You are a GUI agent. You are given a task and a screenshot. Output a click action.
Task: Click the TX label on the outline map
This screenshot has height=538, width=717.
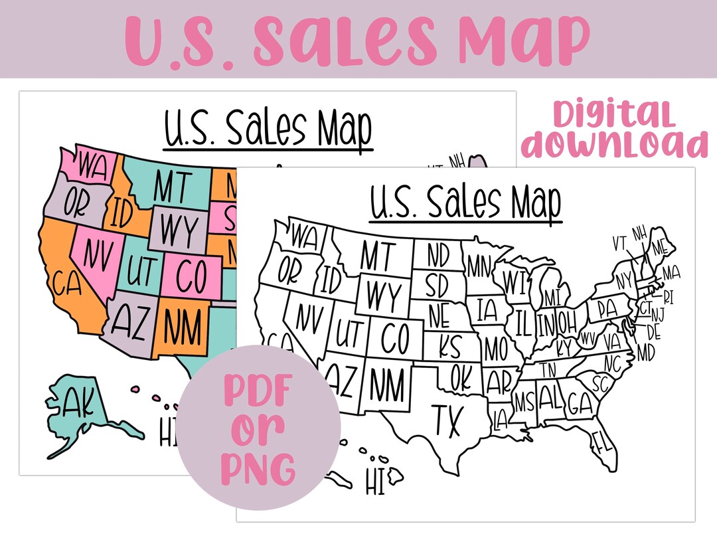coord(448,420)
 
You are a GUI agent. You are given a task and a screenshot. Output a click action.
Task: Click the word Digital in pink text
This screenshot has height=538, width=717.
coord(613,115)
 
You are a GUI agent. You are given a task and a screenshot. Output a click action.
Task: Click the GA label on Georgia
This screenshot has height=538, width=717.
coord(580,403)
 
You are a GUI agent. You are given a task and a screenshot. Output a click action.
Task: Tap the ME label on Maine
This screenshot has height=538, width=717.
coord(660,246)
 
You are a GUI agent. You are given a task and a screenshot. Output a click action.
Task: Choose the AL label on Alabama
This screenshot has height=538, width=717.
coord(550,399)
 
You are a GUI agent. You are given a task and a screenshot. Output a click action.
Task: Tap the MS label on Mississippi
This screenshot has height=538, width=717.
coord(524,402)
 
